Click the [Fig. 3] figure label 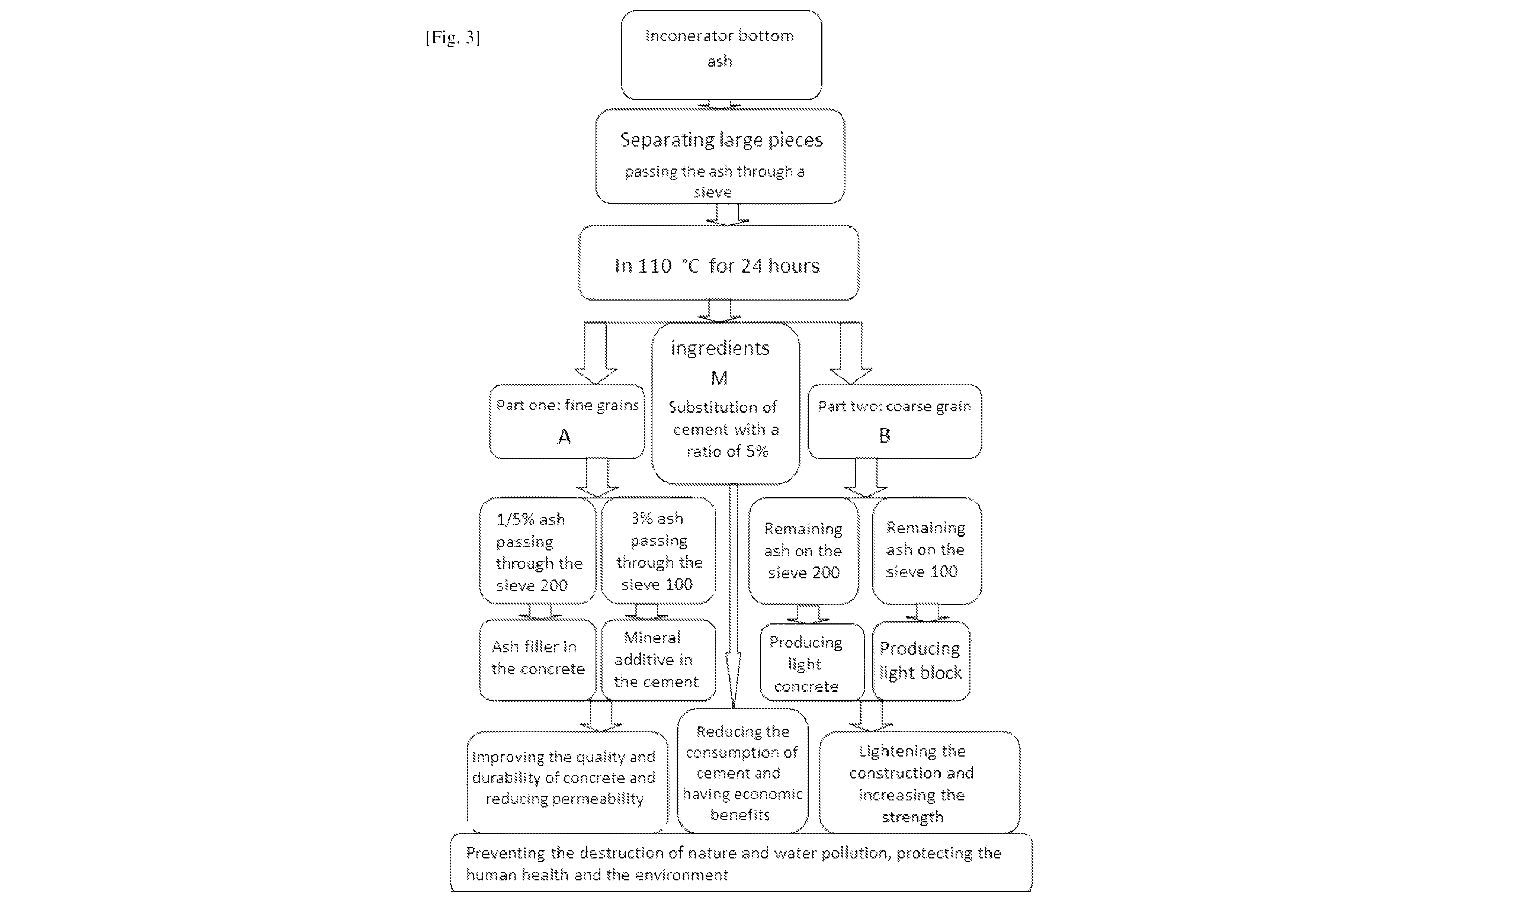click(453, 38)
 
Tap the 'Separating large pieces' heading click(721, 140)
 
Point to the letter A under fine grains click(564, 437)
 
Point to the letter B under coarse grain click(884, 435)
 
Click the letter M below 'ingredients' click(719, 378)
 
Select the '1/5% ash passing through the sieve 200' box click(537, 550)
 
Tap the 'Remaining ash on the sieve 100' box click(927, 550)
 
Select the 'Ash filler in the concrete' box click(537, 660)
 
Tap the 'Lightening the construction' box click(919, 782)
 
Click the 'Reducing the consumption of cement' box click(742, 771)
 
